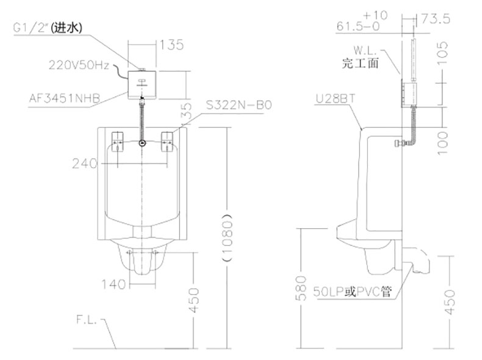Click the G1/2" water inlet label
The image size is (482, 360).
(48, 28)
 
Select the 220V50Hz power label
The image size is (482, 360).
(79, 65)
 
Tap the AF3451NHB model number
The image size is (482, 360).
(65, 98)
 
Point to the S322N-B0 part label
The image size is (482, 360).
(239, 105)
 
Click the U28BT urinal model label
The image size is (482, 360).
(336, 99)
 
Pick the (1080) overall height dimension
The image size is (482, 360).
(227, 236)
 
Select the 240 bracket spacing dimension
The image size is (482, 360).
(85, 164)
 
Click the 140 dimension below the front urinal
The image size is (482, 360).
(113, 284)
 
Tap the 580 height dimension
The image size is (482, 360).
(301, 288)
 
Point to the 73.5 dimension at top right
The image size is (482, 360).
(435, 19)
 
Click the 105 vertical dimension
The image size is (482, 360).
(442, 53)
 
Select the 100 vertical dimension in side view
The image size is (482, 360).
(442, 143)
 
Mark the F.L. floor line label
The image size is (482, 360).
(87, 320)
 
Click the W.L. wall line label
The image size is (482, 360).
(365, 50)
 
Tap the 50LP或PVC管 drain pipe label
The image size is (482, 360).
(353, 291)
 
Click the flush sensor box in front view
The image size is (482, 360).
(142, 85)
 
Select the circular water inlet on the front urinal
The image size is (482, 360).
(142, 143)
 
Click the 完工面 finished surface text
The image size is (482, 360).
(360, 63)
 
